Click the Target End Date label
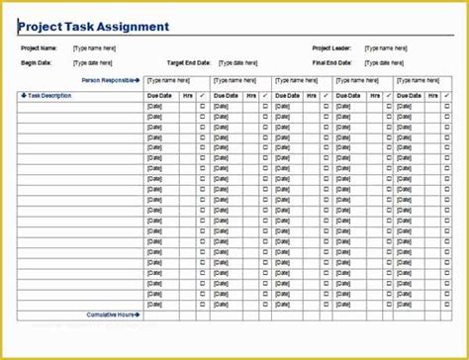[189, 61]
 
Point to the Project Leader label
[333, 47]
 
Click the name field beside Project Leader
[387, 47]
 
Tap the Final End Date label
[334, 61]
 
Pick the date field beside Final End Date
[387, 61]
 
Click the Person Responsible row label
[109, 80]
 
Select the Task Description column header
[47, 95]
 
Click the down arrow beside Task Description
[22, 95]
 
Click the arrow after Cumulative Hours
[138, 315]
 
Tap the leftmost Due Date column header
[159, 95]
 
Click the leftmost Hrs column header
[188, 95]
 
